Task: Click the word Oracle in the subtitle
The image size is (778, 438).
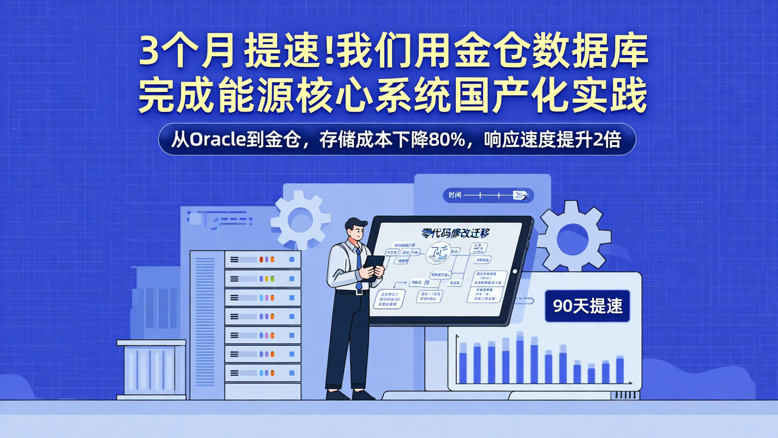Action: click(215, 140)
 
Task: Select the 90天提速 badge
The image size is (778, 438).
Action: click(587, 306)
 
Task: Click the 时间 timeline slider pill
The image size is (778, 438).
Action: click(488, 195)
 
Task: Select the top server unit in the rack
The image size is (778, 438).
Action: click(263, 260)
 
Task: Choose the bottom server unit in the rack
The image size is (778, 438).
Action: click(263, 373)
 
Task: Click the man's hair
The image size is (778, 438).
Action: click(356, 223)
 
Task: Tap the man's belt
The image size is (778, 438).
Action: click(352, 292)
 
